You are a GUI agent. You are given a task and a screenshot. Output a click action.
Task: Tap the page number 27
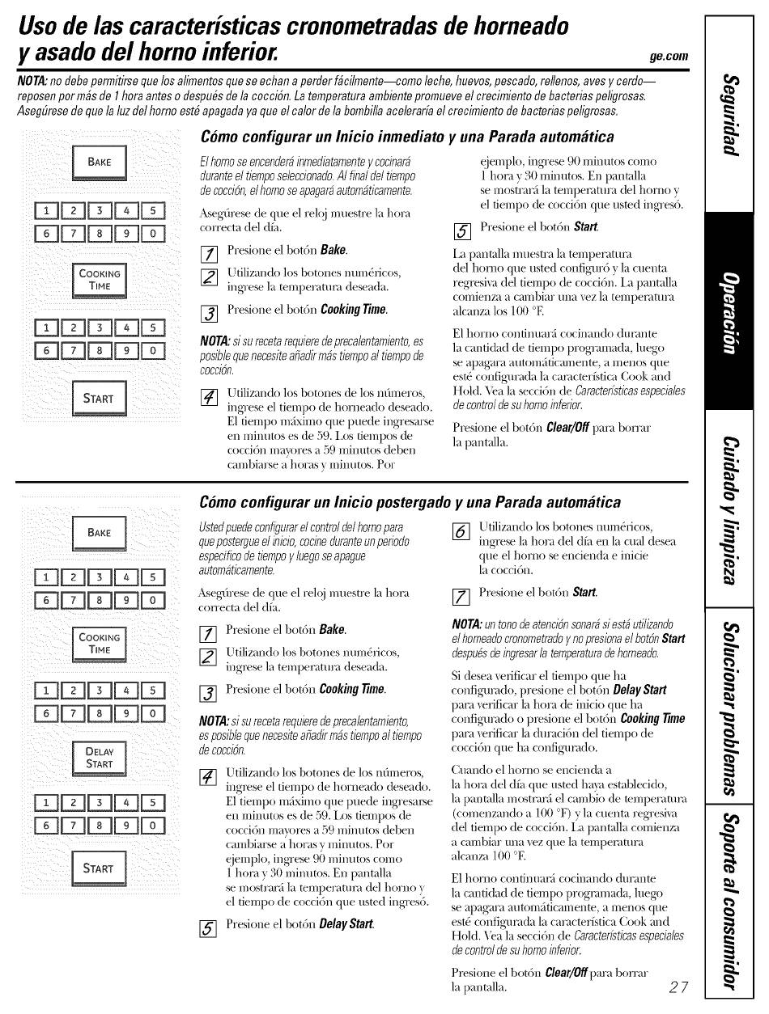point(678,987)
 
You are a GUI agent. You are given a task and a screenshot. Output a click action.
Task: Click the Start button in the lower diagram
point(100,868)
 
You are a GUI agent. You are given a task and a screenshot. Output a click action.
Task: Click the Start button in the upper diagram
point(100,399)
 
